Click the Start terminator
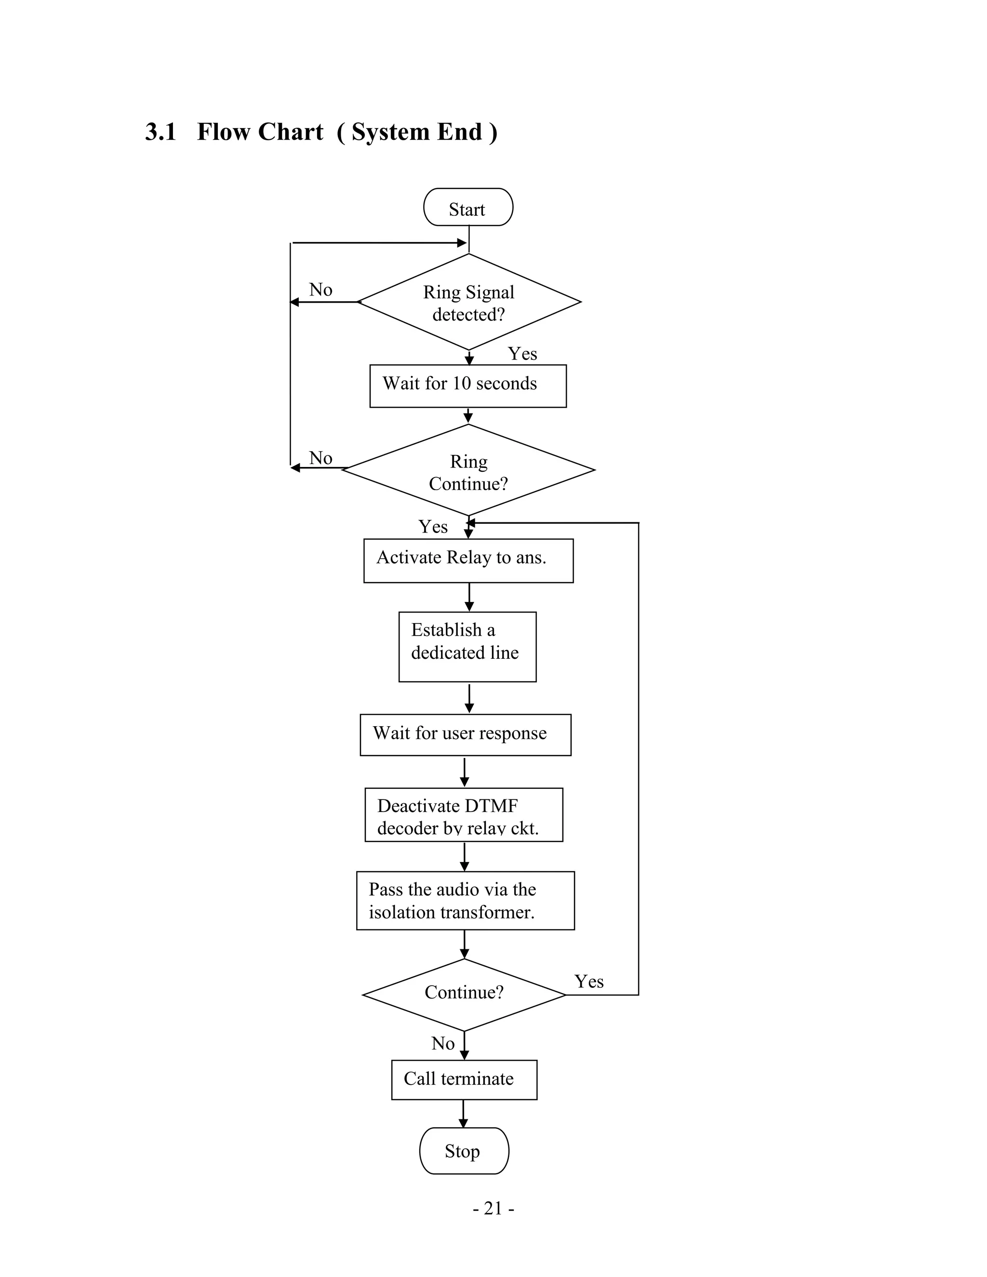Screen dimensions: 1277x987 (x=468, y=208)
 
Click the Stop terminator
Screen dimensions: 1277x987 (x=464, y=1151)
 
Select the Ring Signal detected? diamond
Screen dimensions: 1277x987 (x=469, y=302)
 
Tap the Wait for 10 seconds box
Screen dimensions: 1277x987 (x=468, y=386)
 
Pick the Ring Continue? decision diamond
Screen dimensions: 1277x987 (x=468, y=471)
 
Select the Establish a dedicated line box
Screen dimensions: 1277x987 (x=467, y=647)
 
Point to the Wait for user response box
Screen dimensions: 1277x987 (x=466, y=735)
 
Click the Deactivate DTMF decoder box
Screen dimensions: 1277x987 (x=464, y=815)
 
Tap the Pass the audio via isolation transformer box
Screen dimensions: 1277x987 (x=466, y=901)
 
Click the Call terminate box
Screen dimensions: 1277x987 (x=464, y=1079)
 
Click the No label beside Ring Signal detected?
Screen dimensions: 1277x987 (x=320, y=290)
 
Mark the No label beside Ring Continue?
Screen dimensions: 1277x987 (x=320, y=458)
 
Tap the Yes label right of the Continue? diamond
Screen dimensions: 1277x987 (x=589, y=981)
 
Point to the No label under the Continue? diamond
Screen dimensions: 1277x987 (x=442, y=1043)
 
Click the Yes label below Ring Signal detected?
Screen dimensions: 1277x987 (x=522, y=354)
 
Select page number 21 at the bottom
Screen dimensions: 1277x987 (x=493, y=1208)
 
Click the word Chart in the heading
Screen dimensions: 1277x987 (x=290, y=132)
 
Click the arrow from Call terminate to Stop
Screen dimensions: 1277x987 (x=463, y=1113)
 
